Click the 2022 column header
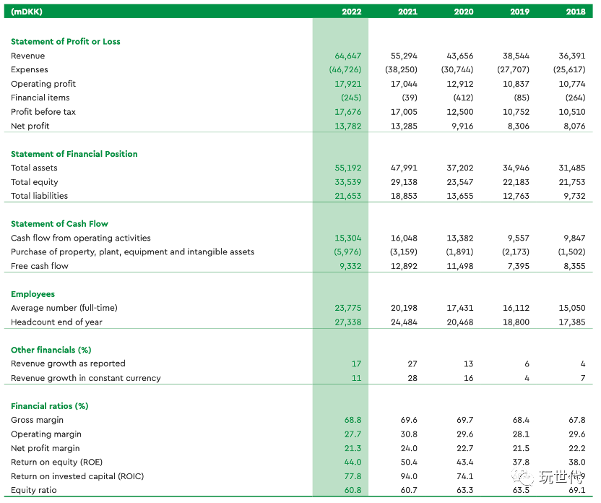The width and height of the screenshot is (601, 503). tap(351, 12)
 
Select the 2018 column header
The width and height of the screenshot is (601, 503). tap(575, 12)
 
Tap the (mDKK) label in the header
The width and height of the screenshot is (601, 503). tap(26, 12)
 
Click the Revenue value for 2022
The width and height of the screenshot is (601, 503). tap(348, 56)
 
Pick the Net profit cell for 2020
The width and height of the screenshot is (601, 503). tap(460, 126)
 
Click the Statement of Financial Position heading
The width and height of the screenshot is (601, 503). tap(74, 154)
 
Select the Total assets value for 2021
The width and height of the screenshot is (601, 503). tap(405, 168)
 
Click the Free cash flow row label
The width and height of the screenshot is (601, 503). tap(40, 266)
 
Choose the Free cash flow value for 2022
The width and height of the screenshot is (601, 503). tap(350, 266)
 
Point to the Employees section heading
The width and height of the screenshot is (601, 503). tap(33, 294)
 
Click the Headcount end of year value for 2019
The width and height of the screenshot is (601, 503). tap(516, 322)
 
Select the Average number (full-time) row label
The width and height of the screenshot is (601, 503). tap(64, 308)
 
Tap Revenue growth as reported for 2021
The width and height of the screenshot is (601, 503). tap(412, 364)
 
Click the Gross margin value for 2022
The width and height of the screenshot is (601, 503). tap(353, 420)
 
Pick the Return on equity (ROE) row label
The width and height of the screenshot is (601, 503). tap(56, 462)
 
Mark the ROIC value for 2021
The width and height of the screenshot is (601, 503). tap(409, 476)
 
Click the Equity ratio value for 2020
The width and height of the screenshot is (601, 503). tap(465, 490)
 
